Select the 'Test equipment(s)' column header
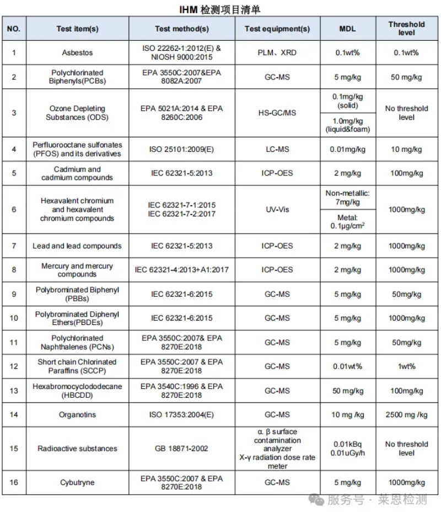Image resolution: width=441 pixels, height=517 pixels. (x=277, y=29)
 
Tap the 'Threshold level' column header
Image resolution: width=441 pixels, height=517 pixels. (x=406, y=29)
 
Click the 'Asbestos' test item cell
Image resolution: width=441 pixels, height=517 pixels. (x=77, y=53)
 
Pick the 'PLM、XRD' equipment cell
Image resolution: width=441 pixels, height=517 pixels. (x=277, y=53)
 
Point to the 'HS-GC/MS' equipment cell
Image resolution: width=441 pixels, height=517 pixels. (x=277, y=113)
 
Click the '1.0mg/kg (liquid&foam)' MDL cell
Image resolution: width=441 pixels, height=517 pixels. (x=347, y=125)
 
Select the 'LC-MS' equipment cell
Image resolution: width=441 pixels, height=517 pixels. (x=277, y=150)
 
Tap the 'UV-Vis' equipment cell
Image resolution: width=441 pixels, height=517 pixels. (x=277, y=210)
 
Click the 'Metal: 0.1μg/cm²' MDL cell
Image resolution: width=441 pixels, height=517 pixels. (x=347, y=221)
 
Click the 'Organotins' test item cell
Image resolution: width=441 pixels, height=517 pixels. (x=77, y=415)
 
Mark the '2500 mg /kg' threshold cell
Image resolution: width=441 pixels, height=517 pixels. (x=406, y=415)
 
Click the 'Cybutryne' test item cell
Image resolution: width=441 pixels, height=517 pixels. (x=77, y=483)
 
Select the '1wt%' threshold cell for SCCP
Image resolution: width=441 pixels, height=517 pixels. (x=406, y=366)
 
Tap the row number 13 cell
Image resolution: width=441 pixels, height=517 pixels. (x=14, y=391)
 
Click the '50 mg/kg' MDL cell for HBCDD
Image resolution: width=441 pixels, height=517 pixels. (x=347, y=391)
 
